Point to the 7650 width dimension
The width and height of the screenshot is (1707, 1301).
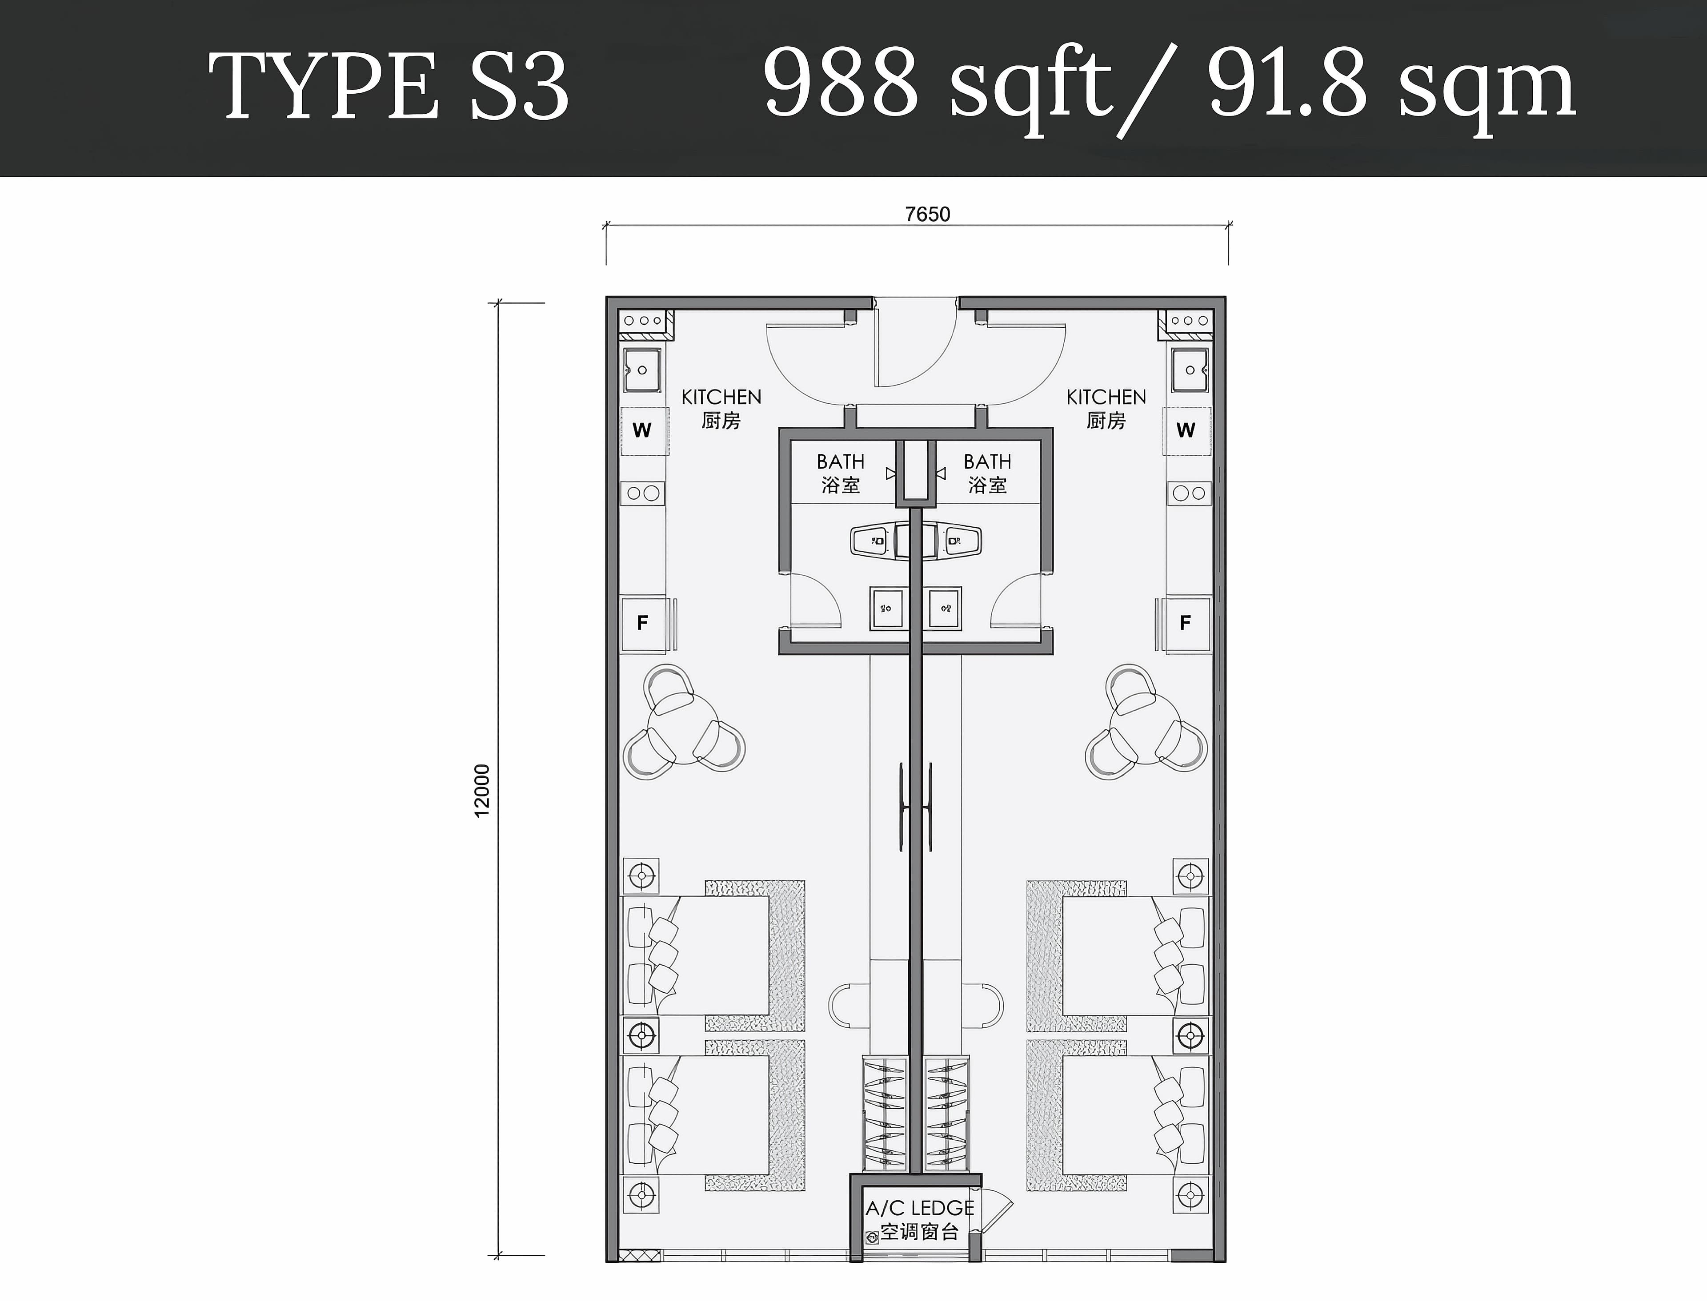tap(927, 214)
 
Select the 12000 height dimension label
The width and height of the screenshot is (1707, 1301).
tap(482, 790)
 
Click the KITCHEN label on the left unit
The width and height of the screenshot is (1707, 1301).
tap(721, 397)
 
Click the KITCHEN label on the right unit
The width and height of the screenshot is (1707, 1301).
tap(1106, 397)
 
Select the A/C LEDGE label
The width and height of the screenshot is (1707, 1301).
tap(920, 1208)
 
